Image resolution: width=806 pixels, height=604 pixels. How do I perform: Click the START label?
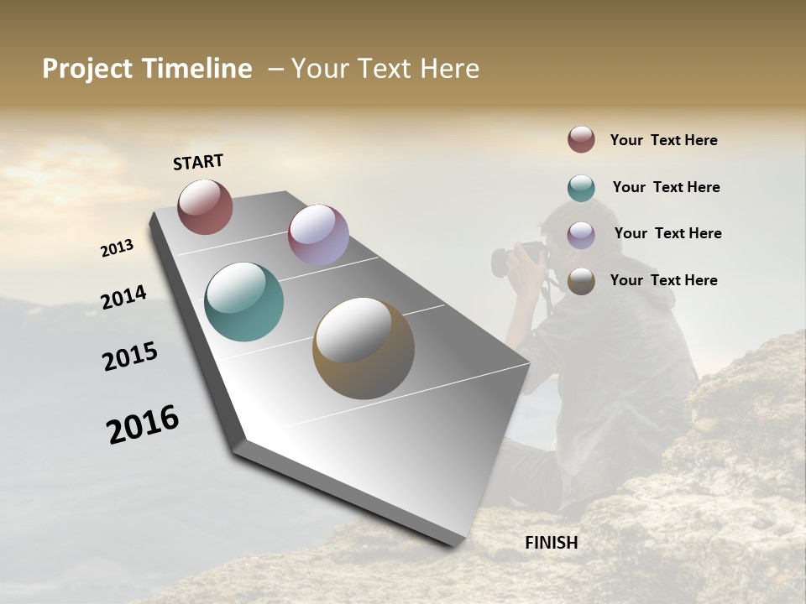(198, 162)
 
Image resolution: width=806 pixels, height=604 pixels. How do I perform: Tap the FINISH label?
(551, 543)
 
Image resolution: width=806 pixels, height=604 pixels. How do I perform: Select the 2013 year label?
(117, 248)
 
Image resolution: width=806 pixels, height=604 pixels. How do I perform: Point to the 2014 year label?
(123, 298)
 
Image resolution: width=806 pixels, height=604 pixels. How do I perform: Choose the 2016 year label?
(143, 424)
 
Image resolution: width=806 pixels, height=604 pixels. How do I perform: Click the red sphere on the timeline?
(205, 206)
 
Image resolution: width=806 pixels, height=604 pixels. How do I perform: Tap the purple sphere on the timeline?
(318, 235)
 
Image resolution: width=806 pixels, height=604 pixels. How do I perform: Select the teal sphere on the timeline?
(243, 302)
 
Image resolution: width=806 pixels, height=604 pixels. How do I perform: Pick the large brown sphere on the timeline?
(364, 348)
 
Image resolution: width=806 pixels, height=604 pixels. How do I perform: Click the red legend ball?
(581, 139)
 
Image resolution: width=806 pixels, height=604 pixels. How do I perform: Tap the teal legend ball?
(581, 188)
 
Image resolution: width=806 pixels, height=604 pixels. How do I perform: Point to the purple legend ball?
(581, 235)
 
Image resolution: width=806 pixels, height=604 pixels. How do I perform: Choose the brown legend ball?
(581, 282)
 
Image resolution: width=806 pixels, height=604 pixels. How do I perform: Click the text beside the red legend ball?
(663, 140)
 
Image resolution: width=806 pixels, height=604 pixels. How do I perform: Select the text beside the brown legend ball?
(663, 280)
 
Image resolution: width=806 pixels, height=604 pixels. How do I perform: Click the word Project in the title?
(87, 69)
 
